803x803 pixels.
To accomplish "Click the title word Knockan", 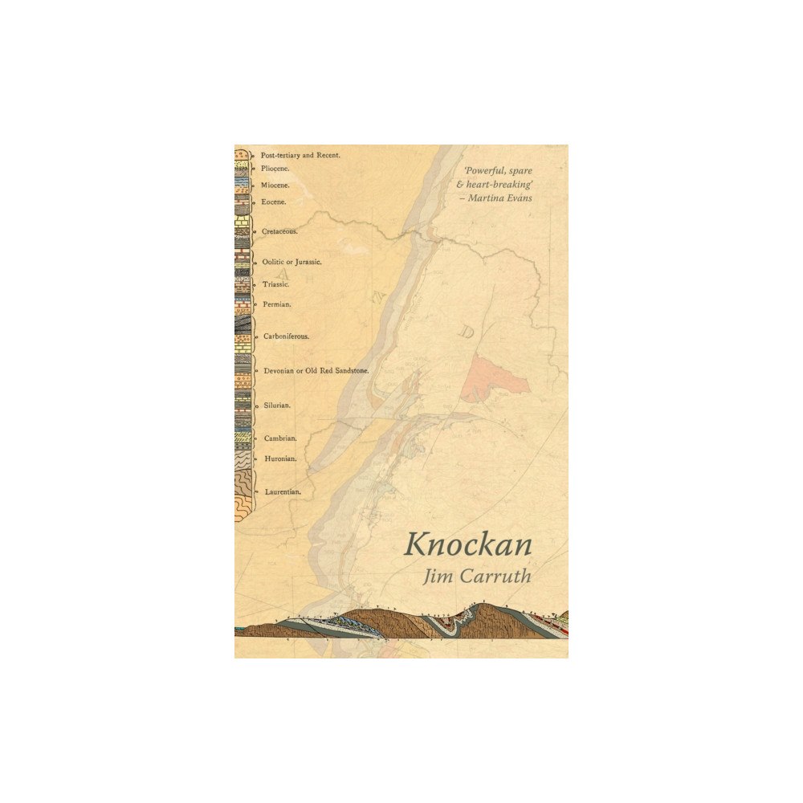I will pyautogui.click(x=467, y=544).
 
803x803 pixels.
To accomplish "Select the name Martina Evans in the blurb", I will pyautogui.click(x=504, y=198).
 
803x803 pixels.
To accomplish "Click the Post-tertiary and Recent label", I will pyautogui.click(x=301, y=154).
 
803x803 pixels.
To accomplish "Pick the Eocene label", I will pyautogui.click(x=274, y=202).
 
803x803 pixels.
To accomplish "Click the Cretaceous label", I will pyautogui.click(x=279, y=231).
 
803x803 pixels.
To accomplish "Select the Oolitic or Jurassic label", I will pyautogui.click(x=292, y=262).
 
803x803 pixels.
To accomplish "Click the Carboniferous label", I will pyautogui.click(x=286, y=336).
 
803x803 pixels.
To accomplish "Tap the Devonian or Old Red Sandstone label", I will pyautogui.click(x=316, y=371).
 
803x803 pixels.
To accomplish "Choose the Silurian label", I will pyautogui.click(x=277, y=406).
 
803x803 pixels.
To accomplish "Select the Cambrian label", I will pyautogui.click(x=280, y=438).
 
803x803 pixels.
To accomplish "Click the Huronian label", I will pyautogui.click(x=280, y=459).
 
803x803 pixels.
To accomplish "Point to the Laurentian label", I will pyautogui.click(x=283, y=491).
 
